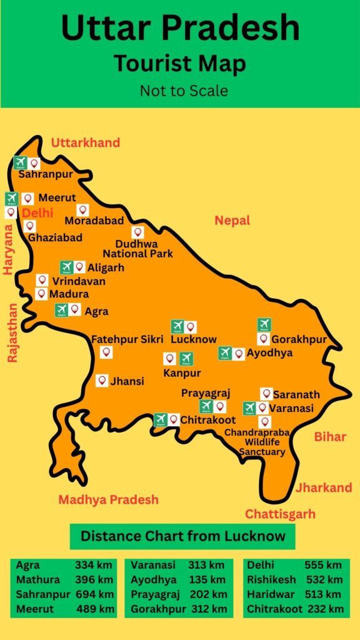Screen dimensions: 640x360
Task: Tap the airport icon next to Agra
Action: pos(61,310)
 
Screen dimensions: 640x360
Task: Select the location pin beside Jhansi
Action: pos(102,381)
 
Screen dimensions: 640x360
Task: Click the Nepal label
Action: pos(232,221)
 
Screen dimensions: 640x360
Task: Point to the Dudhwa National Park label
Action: pos(137,249)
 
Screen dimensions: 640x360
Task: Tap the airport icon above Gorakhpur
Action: pos(264,324)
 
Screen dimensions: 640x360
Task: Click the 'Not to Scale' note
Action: pos(183,91)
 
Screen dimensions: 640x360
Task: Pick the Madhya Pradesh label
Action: pos(108,500)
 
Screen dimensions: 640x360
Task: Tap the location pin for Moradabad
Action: pos(82,211)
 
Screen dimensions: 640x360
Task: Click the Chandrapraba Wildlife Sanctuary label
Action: pos(264,442)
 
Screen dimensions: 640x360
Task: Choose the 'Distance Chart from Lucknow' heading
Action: pos(182,536)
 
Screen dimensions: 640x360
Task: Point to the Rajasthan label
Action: pos(12,333)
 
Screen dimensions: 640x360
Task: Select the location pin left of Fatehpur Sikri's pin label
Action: pos(106,353)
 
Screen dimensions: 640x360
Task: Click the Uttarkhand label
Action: pos(85,143)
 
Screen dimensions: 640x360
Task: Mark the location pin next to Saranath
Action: pos(266,394)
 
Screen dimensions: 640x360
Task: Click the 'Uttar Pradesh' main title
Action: pos(180,28)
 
